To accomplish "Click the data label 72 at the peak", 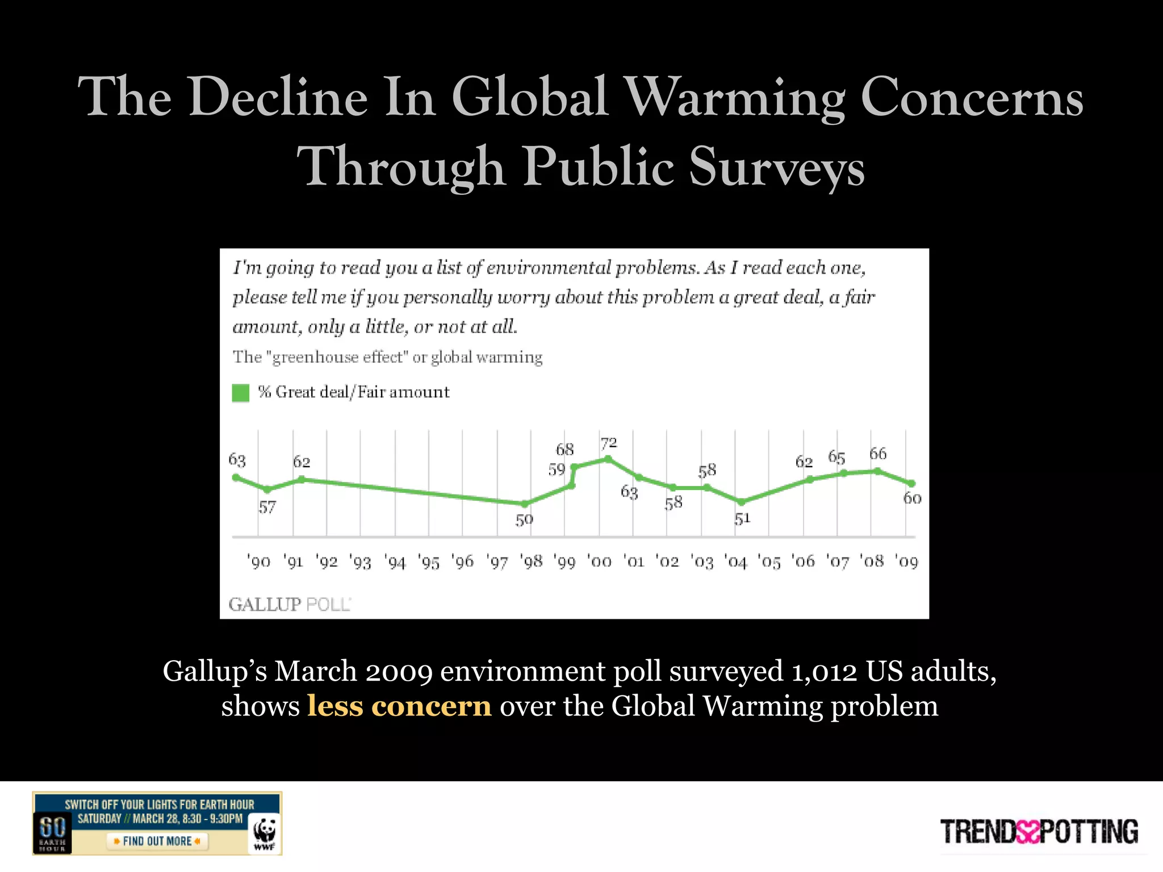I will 609,442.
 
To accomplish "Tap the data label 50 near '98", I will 524,519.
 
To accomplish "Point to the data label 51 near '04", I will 742,518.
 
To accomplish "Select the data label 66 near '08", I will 877,454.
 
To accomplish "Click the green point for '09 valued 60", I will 912,484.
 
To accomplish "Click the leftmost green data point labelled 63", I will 236,477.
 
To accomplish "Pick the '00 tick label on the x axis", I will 599,561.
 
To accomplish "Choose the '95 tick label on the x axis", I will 429,561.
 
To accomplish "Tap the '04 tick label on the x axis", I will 736,561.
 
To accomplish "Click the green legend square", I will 241,393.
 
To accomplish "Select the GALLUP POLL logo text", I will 290,604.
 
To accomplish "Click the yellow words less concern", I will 399,706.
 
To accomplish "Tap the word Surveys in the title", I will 776,167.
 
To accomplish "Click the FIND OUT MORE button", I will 157,841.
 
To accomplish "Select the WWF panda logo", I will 265,833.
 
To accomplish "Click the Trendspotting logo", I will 1039,832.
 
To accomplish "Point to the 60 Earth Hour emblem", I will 52,832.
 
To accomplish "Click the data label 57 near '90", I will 267,507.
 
